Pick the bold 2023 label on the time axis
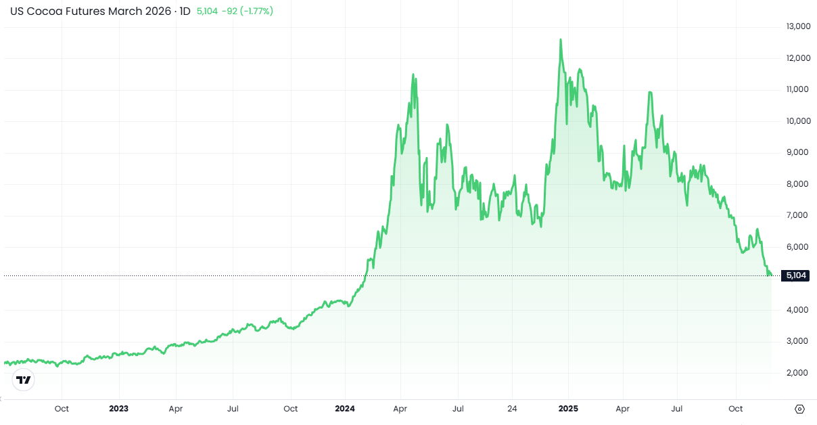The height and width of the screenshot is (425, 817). coord(118,409)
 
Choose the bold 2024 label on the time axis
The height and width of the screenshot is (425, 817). coord(345,409)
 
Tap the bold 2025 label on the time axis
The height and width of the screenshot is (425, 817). coord(567,409)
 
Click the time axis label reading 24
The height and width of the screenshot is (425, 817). coord(512,409)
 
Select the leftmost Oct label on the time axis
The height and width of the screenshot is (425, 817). coord(62,409)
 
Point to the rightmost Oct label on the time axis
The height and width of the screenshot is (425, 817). coord(735,409)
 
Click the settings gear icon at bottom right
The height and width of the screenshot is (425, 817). coord(799,409)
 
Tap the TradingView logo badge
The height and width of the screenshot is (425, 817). coord(24,380)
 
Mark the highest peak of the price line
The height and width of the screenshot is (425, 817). coord(560,40)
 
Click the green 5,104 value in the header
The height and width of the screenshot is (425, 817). coord(207,11)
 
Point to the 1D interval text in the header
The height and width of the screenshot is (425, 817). coord(185,11)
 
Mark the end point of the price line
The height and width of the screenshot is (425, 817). coord(771,275)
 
